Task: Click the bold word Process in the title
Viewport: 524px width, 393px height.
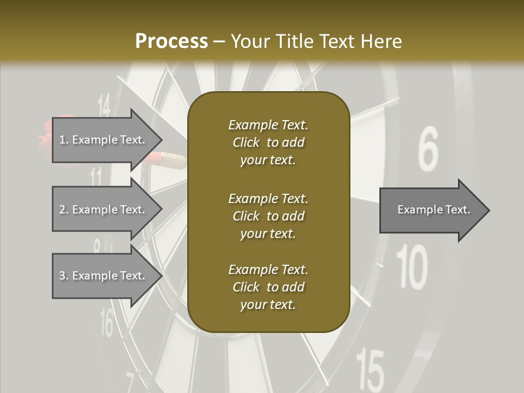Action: pyautogui.click(x=171, y=41)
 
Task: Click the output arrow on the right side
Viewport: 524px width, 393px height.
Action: pyautogui.click(x=434, y=210)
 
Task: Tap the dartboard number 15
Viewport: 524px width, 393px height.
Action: pyautogui.click(x=370, y=370)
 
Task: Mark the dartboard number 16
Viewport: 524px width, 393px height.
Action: pyautogui.click(x=107, y=323)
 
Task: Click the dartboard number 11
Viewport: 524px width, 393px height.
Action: pyautogui.click(x=96, y=177)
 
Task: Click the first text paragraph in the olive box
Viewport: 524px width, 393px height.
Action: pyautogui.click(x=268, y=142)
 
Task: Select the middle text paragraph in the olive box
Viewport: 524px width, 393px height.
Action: pyautogui.click(x=268, y=216)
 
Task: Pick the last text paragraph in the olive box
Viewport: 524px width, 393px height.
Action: pyautogui.click(x=268, y=287)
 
